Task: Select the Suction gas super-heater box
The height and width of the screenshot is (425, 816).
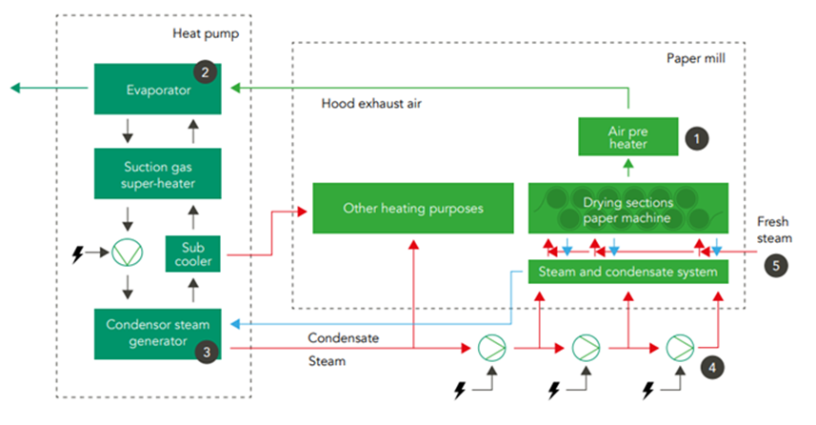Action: (157, 172)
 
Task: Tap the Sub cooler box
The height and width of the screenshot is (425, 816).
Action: (193, 253)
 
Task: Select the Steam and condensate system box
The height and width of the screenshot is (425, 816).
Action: (627, 273)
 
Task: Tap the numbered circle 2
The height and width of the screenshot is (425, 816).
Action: (203, 71)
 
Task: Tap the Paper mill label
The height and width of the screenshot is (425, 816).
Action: (696, 59)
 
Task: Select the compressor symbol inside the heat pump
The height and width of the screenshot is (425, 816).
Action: (125, 253)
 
